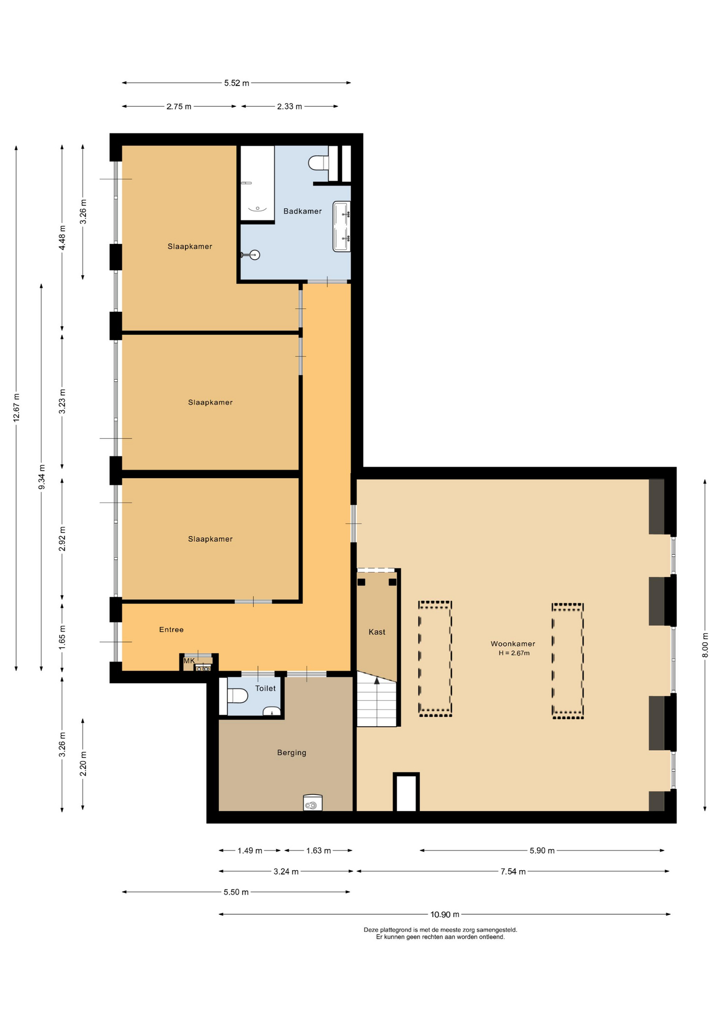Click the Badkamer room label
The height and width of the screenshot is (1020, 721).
(302, 211)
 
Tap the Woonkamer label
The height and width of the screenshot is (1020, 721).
(512, 644)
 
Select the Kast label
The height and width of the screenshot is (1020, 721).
(377, 632)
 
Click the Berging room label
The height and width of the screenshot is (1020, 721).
(291, 752)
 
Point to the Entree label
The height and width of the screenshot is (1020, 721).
(171, 630)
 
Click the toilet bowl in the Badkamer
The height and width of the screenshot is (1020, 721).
(319, 163)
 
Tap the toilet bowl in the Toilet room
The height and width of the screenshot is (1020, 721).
(237, 696)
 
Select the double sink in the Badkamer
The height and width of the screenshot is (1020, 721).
(341, 226)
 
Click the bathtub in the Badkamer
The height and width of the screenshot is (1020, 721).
(257, 183)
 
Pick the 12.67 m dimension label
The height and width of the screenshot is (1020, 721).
(16, 407)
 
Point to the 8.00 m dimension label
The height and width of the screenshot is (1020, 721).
(705, 645)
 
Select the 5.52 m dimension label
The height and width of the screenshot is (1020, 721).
(236, 83)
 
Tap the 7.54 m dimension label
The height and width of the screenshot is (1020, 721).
(513, 871)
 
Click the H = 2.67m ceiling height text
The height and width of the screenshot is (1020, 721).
(514, 653)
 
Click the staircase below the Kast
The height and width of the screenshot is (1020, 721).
(376, 700)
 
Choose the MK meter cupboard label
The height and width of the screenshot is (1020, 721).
(189, 660)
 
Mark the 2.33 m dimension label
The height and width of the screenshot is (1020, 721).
(289, 106)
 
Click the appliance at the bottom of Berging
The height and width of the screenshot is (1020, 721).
(313, 802)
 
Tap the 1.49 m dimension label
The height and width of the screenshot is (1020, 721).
(250, 851)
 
